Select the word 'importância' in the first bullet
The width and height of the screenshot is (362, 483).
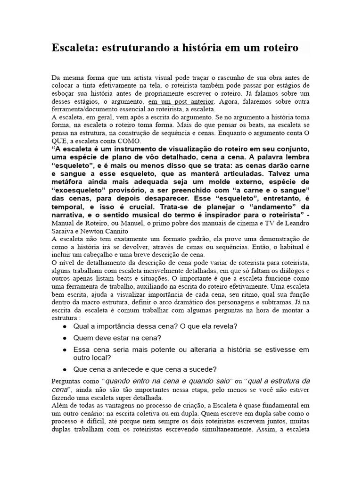click(x=111, y=326)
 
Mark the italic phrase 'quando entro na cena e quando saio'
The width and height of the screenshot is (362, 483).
click(x=166, y=381)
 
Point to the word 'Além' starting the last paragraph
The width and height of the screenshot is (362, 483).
click(x=59, y=405)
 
